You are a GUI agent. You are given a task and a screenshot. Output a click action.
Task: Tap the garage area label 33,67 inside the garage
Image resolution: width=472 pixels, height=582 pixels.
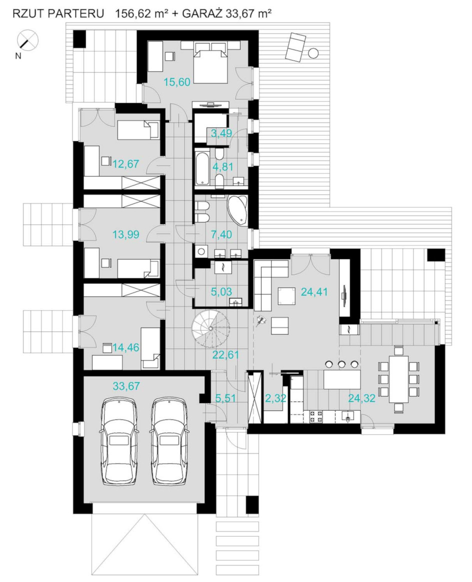pos(126,386)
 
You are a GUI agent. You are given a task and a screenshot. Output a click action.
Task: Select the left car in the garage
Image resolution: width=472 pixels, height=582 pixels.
pos(118,440)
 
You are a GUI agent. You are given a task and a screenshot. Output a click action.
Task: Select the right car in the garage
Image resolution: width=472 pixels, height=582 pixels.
pos(169,440)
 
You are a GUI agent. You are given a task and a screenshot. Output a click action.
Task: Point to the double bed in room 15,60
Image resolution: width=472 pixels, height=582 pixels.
pos(210,61)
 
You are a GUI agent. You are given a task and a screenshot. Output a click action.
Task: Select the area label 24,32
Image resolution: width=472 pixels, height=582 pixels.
pos(362,398)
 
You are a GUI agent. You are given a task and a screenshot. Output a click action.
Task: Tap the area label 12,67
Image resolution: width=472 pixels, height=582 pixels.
pos(126,163)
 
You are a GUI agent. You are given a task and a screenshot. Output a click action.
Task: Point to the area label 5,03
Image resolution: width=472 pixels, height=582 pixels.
pos(221,291)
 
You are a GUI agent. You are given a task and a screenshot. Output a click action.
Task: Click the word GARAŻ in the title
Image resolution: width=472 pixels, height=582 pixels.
pos(202,13)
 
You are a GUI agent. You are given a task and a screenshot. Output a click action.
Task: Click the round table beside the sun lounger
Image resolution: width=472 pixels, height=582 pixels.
pos(313,53)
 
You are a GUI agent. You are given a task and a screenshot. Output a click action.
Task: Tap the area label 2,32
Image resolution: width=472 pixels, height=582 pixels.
pos(275,398)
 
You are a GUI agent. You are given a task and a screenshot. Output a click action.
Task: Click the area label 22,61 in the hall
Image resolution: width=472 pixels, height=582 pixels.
pos(225,355)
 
